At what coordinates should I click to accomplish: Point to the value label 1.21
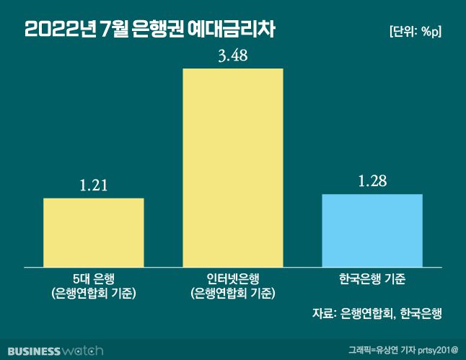click(x=94, y=186)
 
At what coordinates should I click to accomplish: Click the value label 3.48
click(x=233, y=56)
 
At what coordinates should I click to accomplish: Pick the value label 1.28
click(x=372, y=180)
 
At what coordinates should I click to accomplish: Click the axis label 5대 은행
click(x=94, y=278)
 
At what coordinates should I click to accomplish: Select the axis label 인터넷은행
click(x=233, y=278)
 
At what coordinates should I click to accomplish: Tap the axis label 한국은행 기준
click(x=372, y=278)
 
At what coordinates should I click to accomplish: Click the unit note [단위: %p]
click(x=414, y=31)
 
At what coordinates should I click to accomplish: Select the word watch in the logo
click(x=82, y=351)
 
